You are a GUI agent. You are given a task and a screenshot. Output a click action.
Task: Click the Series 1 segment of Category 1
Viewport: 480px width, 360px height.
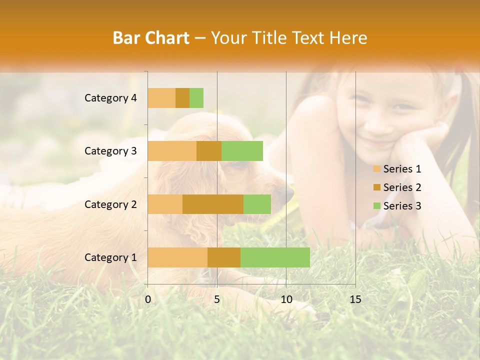[177, 257]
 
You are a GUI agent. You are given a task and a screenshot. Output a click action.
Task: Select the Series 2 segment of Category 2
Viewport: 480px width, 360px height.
[213, 204]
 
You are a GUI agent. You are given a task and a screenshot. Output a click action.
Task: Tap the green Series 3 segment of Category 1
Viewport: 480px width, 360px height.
[275, 257]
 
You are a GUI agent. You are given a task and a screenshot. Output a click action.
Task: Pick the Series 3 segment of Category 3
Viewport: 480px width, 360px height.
[242, 151]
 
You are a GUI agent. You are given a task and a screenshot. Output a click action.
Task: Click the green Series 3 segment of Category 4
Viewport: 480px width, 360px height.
[196, 98]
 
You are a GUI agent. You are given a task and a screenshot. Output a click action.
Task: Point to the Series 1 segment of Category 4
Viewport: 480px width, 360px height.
[161, 98]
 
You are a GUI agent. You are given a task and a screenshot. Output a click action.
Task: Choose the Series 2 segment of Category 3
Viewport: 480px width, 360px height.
[209, 151]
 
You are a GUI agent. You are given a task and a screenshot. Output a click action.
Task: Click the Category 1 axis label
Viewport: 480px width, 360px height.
[110, 257]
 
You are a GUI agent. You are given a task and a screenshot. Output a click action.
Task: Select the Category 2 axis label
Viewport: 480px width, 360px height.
[110, 204]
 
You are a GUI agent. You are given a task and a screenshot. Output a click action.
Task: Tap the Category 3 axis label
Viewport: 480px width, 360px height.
[110, 151]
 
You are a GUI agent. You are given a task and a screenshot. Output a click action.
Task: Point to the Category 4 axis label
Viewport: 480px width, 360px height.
[110, 98]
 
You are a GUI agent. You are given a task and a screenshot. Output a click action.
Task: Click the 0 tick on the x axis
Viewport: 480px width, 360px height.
[148, 299]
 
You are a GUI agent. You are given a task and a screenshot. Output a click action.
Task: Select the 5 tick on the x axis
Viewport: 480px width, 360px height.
[217, 299]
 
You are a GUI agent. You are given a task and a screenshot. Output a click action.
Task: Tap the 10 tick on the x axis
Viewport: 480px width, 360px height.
[286, 299]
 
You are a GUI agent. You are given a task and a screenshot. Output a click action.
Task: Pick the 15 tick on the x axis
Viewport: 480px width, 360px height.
[355, 299]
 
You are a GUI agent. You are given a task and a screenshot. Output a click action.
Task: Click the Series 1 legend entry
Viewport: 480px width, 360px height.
[397, 169]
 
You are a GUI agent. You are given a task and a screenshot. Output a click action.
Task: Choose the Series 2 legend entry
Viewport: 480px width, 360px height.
[397, 187]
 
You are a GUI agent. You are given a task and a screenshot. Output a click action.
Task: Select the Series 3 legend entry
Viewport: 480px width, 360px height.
[397, 206]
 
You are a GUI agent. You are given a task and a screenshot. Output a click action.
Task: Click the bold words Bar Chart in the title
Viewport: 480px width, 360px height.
[151, 38]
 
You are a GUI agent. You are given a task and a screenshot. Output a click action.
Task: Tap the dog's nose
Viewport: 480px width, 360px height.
[288, 193]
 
